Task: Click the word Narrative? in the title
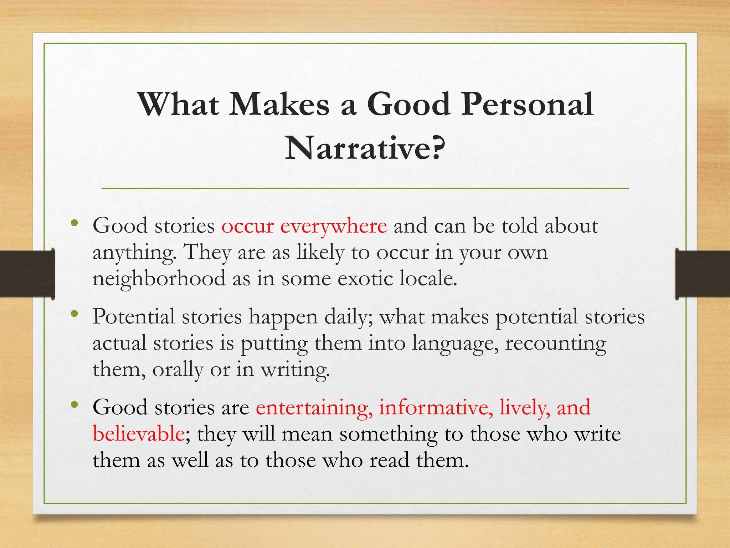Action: [365, 148]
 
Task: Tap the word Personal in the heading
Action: [527, 104]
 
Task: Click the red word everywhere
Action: [333, 226]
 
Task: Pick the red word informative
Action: [436, 407]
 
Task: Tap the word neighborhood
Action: [159, 278]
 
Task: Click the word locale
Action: [428, 278]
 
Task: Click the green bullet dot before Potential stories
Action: [74, 314]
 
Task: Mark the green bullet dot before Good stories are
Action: [74, 405]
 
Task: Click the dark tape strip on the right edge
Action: [703, 274]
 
